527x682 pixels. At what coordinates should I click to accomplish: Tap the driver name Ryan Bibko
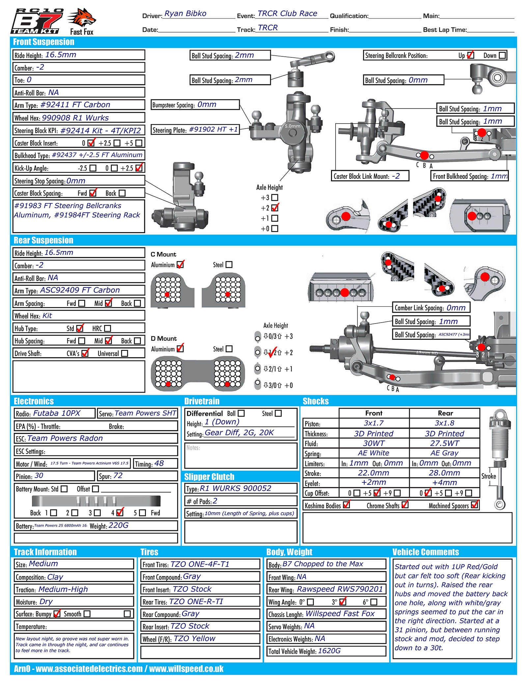click(185, 14)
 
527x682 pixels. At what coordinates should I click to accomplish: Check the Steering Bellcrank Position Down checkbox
click(502, 55)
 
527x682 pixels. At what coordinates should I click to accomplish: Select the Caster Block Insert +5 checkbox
click(139, 143)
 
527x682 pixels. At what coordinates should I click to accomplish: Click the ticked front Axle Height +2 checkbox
click(275, 208)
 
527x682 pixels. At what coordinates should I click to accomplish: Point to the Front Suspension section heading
click(43, 42)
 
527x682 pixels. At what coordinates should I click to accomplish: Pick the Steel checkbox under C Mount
click(229, 264)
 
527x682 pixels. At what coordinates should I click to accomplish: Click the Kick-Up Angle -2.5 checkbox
click(93, 168)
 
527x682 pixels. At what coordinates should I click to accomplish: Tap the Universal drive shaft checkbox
click(125, 353)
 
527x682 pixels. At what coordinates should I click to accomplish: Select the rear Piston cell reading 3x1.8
click(444, 423)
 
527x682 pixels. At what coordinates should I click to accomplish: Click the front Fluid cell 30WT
click(374, 443)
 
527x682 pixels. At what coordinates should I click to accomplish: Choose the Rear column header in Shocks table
click(445, 413)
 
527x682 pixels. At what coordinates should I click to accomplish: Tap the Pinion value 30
click(39, 476)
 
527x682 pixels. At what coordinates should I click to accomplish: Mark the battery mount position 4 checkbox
click(120, 512)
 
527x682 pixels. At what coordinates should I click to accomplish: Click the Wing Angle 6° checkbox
click(374, 602)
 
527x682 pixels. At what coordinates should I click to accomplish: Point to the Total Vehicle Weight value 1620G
click(329, 651)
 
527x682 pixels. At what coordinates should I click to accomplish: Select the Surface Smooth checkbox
click(87, 614)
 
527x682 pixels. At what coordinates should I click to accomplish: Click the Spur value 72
click(118, 476)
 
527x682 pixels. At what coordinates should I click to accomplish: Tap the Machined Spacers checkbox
click(474, 505)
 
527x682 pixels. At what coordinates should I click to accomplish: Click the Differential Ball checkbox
click(241, 413)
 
